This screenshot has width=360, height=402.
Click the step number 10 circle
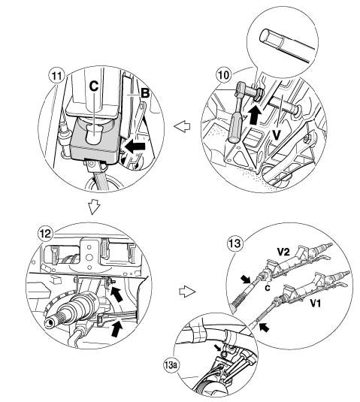pos(223,75)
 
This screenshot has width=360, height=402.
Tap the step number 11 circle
pos(56,76)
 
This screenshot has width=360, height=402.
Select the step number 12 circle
pos(45,234)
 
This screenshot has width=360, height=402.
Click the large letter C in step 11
pos(94,86)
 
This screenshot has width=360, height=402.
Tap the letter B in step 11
pos(145,93)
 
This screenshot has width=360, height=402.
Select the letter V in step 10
pos(276,135)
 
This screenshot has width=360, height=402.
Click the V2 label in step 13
pos(283,252)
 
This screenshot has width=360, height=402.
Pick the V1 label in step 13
pos(316,304)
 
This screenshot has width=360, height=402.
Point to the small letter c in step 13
pos(268,288)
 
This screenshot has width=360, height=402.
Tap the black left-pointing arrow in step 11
pos(135,147)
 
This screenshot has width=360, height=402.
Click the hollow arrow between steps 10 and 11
pos(182,126)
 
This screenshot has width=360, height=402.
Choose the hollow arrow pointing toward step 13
pos(187,292)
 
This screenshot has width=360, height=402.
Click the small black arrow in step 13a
pos(218,348)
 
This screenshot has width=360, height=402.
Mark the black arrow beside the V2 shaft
pos(246,280)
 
